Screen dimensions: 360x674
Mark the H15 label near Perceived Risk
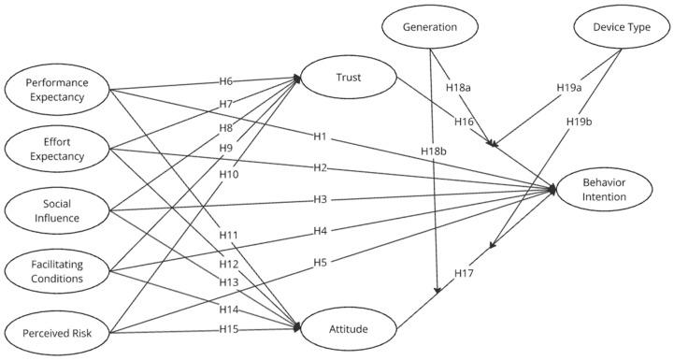230,328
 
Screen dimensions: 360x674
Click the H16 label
465,121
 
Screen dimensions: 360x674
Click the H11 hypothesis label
230,235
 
